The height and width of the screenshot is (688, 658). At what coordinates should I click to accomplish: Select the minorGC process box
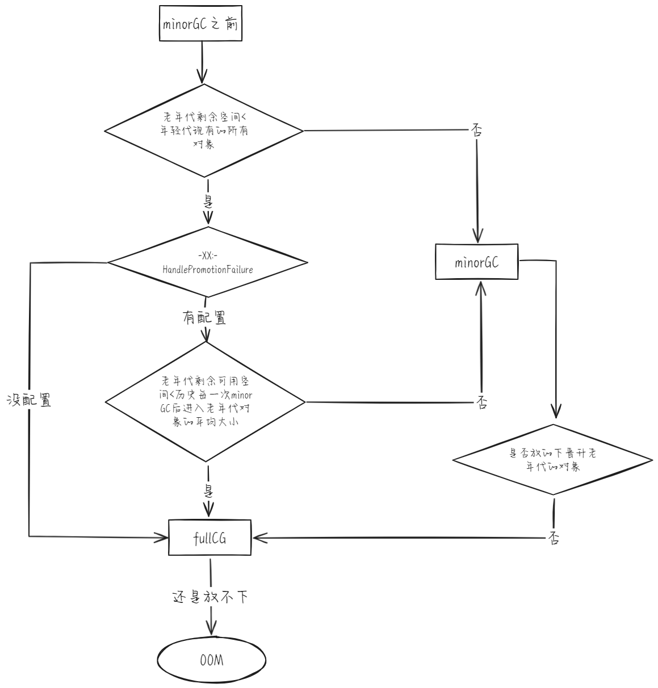(x=476, y=262)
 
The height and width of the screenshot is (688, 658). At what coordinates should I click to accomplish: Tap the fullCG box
(x=209, y=538)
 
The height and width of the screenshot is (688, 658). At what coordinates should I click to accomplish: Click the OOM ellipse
(x=211, y=660)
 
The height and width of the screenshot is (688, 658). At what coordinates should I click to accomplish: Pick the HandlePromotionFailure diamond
(x=207, y=263)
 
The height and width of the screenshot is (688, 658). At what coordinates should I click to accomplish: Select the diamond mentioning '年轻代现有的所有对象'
(x=204, y=131)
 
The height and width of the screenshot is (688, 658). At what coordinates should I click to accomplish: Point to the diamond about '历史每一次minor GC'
(x=205, y=401)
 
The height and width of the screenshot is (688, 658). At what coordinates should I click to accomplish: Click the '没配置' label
(x=30, y=400)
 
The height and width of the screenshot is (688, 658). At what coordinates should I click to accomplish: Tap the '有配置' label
(x=204, y=318)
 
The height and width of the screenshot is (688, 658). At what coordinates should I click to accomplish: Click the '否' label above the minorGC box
(x=476, y=131)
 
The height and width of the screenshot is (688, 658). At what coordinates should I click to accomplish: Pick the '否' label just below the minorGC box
(x=481, y=402)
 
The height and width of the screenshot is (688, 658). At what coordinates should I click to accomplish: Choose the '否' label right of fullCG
(x=554, y=538)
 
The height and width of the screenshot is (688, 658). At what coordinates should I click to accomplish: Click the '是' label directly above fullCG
(x=208, y=490)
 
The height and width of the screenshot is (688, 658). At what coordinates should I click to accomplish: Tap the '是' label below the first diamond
(x=208, y=202)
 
